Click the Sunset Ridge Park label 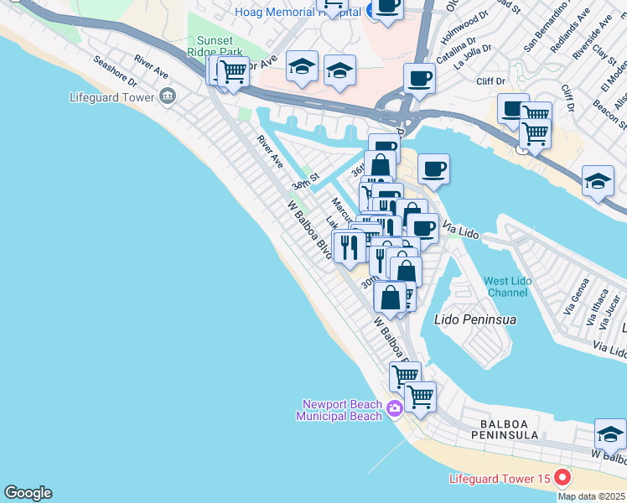(220, 46)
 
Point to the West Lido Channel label (507, 287)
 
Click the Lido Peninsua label (474, 319)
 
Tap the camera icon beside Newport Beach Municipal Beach (395, 409)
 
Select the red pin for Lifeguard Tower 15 (562, 479)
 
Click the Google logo (28, 493)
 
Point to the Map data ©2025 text (592, 496)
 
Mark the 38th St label (306, 181)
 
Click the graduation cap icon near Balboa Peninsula (610, 434)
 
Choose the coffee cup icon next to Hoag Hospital (387, 7)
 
